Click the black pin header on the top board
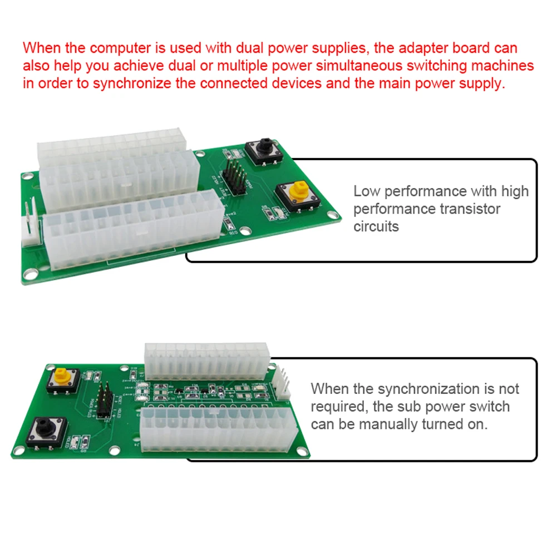(234, 178)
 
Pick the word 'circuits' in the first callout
(376, 226)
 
